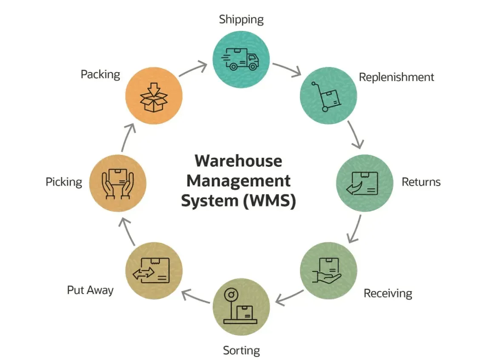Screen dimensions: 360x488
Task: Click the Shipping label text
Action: pos(241,19)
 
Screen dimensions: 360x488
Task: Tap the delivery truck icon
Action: pos(241,59)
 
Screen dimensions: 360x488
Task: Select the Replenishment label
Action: pos(396,77)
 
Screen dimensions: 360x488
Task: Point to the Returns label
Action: pos(421,182)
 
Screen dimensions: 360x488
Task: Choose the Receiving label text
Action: pos(388,293)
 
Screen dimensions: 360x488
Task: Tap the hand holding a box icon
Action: pos(328,271)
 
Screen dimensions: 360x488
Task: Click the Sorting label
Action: pos(241,351)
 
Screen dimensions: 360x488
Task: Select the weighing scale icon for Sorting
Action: pos(241,307)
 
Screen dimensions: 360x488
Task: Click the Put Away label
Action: pos(90,290)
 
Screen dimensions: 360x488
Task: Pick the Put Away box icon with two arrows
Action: pos(154,270)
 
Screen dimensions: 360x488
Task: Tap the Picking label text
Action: pos(64,182)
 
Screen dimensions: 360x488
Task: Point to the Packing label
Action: pos(100,74)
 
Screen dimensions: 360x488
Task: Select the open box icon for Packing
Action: pos(154,97)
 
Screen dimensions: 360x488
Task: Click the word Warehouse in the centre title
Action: pos(238,161)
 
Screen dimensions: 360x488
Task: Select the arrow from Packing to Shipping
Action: pos(194,69)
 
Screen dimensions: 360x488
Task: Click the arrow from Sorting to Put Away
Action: pos(196,297)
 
